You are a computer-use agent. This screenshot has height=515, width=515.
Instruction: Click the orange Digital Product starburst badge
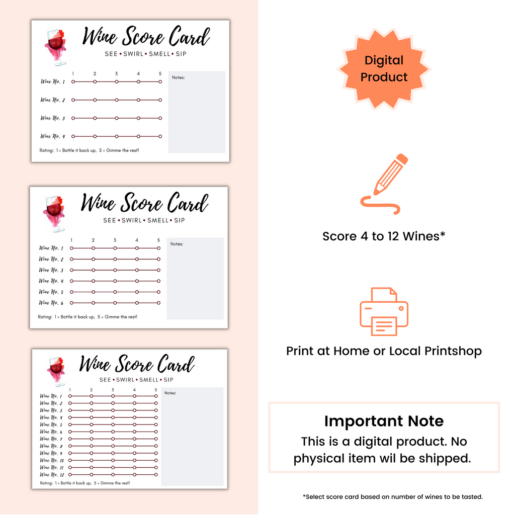click(384, 69)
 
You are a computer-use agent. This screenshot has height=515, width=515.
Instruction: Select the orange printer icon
click(384, 311)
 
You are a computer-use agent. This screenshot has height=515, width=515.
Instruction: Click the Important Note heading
click(384, 421)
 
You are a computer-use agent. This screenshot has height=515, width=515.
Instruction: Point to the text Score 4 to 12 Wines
click(384, 236)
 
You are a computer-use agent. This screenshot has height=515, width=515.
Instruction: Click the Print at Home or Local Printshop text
click(384, 351)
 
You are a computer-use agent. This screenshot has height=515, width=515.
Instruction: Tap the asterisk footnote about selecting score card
click(393, 497)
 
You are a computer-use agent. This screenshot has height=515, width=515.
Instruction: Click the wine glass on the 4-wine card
click(56, 47)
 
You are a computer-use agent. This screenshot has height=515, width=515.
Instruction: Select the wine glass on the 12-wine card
click(56, 371)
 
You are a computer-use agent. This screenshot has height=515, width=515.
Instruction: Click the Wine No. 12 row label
click(52, 475)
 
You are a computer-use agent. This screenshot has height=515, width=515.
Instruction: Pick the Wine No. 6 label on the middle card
click(51, 303)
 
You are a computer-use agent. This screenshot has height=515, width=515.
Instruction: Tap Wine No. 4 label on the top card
click(53, 136)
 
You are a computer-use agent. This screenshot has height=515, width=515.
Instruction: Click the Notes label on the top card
click(178, 78)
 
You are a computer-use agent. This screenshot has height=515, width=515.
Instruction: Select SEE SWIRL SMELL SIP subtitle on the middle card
click(144, 220)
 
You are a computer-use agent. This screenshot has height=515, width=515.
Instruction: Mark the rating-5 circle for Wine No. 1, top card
click(160, 81)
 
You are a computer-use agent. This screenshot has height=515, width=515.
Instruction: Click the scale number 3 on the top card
click(117, 74)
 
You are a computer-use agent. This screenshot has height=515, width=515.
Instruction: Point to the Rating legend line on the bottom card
click(84, 483)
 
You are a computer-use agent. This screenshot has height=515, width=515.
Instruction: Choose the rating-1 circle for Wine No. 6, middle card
click(71, 303)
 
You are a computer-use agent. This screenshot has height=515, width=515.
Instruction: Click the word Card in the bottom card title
click(175, 364)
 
